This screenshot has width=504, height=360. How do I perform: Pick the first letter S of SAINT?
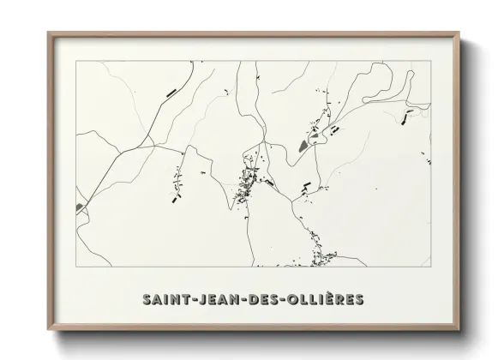(x=145, y=299)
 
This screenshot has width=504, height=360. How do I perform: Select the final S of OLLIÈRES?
(x=360, y=299)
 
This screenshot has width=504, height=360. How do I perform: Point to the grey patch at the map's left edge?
(x=82, y=206)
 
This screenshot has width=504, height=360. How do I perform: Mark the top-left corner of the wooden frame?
(x=49, y=33)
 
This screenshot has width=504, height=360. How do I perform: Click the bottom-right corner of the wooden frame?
(x=460, y=330)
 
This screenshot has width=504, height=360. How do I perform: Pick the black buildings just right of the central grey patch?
(x=334, y=129)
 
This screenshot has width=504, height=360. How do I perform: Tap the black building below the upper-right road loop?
(x=408, y=111)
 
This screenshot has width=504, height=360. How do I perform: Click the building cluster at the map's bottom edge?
(x=321, y=255)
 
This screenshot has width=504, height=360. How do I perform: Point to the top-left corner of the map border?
(x=75, y=62)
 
